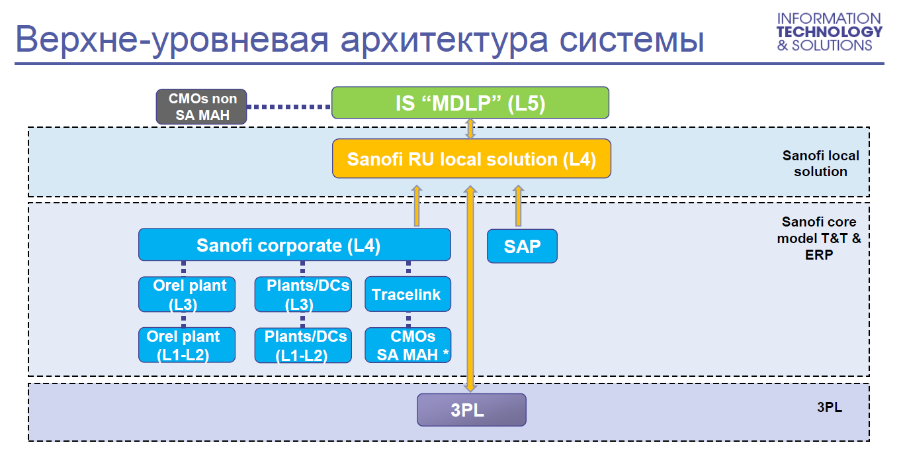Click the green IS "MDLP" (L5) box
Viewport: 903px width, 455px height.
(470, 103)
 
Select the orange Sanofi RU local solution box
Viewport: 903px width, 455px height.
(471, 159)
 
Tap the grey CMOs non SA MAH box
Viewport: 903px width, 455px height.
(202, 107)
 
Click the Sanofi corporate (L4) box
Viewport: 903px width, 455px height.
(294, 245)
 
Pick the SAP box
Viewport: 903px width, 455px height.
(522, 246)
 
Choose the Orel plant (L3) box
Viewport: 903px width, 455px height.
(187, 294)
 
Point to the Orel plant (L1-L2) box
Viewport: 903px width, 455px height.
(187, 345)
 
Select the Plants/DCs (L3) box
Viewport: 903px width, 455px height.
(303, 294)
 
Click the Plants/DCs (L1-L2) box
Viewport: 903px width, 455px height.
(303, 345)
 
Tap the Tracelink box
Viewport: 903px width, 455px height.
(408, 294)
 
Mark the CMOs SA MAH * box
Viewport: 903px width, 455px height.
(408, 345)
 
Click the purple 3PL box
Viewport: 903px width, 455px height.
(471, 410)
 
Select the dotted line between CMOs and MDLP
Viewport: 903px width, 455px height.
(289, 106)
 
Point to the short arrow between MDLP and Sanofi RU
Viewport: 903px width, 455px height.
(470, 128)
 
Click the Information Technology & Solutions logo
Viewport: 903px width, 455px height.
(829, 32)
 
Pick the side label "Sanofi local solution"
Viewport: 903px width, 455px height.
(820, 164)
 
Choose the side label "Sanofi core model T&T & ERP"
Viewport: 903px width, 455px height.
(819, 238)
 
